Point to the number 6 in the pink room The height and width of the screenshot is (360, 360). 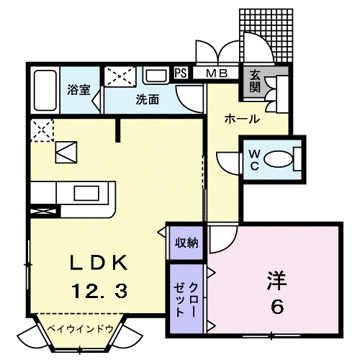(x=277, y=306)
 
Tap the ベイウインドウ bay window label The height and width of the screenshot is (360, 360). (x=81, y=329)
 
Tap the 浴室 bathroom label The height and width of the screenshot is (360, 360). (x=78, y=90)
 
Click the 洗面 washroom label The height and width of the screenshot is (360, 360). (x=148, y=100)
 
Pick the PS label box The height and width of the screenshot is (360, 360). (x=181, y=72)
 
